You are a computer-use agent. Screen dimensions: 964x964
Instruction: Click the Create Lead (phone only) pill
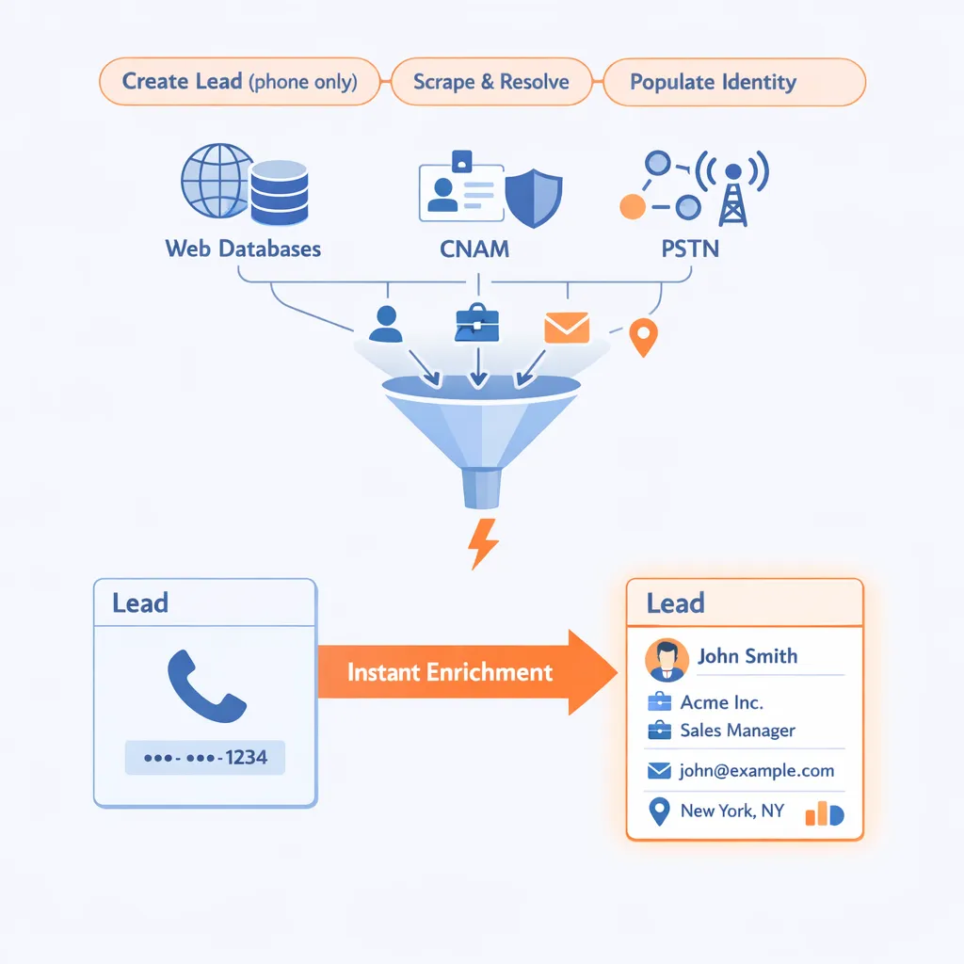[239, 81]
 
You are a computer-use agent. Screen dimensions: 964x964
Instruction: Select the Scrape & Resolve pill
[491, 81]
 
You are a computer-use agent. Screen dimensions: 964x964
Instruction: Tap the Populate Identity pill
[713, 81]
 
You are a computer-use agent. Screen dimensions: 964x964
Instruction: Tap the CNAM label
[474, 249]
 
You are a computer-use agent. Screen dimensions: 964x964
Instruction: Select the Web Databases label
[243, 249]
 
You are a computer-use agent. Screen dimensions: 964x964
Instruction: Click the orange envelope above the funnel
[567, 327]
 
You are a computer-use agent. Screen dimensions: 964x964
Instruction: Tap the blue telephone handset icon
[205, 687]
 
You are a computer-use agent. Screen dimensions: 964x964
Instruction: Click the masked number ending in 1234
[205, 757]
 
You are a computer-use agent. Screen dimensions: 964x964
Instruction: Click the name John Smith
[747, 656]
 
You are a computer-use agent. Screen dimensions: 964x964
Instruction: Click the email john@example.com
[756, 770]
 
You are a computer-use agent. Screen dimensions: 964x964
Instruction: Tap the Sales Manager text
[737, 730]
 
